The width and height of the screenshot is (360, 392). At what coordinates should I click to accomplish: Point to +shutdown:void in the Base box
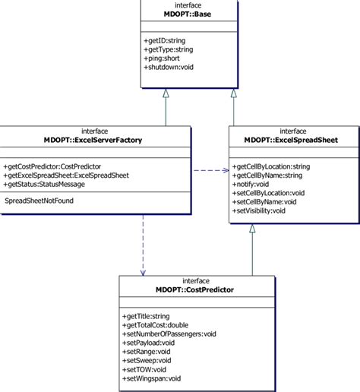169,67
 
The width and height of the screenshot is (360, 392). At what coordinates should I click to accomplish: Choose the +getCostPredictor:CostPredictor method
53,166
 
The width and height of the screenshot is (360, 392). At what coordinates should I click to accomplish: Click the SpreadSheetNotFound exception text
39,201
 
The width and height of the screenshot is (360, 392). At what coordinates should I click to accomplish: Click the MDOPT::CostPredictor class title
195,289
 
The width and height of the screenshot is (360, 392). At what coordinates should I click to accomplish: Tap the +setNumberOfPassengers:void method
169,334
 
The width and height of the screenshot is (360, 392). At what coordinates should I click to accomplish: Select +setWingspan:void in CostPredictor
152,378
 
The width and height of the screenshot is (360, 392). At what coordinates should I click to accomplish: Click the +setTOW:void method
144,369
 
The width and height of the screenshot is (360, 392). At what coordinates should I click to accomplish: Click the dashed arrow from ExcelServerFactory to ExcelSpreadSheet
210,170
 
